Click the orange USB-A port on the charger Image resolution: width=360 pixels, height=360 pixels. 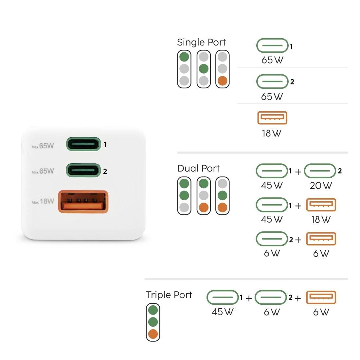pyautogui.click(x=83, y=202)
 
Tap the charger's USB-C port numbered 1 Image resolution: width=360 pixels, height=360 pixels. pyautogui.click(x=83, y=144)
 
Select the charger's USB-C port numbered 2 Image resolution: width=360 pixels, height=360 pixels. pyautogui.click(x=83, y=170)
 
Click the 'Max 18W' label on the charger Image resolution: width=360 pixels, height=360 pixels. pyautogui.click(x=43, y=202)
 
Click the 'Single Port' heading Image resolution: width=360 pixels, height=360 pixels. pyautogui.click(x=201, y=42)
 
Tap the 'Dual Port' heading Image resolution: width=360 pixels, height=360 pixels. pyautogui.click(x=198, y=168)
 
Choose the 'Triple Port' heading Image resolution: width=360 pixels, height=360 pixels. pyautogui.click(x=169, y=295)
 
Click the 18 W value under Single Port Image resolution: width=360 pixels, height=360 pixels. pyautogui.click(x=271, y=133)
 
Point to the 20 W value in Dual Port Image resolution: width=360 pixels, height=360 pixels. pyautogui.click(x=321, y=186)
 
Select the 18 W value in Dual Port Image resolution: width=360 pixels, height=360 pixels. pyautogui.click(x=321, y=219)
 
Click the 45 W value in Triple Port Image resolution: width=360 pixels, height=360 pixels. pyautogui.click(x=222, y=312)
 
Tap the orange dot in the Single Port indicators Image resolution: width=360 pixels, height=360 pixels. pyautogui.click(x=223, y=81)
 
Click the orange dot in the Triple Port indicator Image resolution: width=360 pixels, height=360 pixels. pyautogui.click(x=153, y=334)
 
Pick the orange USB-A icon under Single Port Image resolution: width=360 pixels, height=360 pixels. pyautogui.click(x=272, y=118)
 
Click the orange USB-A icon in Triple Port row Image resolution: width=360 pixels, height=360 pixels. pyautogui.click(x=321, y=297)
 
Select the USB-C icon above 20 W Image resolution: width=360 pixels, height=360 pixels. pyautogui.click(x=320, y=171)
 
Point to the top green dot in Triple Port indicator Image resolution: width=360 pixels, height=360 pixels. pyautogui.click(x=153, y=310)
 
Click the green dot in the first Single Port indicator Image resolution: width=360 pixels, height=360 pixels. pyautogui.click(x=184, y=57)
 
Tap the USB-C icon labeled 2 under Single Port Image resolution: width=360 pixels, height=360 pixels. pyautogui.click(x=272, y=82)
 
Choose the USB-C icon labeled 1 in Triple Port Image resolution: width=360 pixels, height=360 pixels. pyautogui.click(x=222, y=297)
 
